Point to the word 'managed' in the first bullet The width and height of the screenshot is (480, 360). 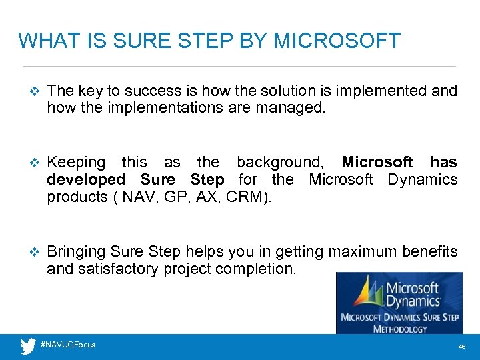point(291,108)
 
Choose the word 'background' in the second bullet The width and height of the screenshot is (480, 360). point(279,163)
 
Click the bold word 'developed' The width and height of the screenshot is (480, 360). point(86,180)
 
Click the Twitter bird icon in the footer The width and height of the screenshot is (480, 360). point(28,346)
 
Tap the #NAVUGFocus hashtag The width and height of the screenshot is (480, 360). point(67,345)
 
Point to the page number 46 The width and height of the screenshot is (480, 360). point(461,347)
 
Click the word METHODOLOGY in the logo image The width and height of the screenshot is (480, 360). point(399,329)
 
